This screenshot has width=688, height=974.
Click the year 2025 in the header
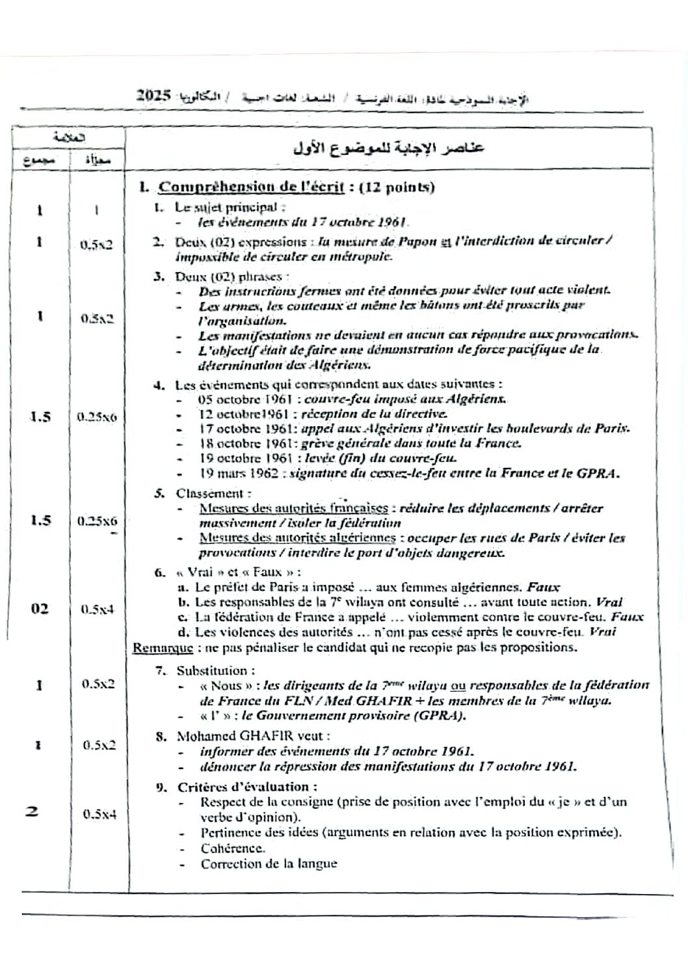[153, 96]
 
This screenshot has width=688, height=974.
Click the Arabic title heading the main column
[389, 148]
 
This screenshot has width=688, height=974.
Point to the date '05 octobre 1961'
[234, 399]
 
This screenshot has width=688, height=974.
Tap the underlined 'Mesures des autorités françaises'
[294, 508]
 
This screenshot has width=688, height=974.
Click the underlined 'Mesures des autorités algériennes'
[298, 538]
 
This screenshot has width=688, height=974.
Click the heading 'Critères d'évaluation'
[248, 787]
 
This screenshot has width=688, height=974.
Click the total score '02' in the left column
[40, 609]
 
